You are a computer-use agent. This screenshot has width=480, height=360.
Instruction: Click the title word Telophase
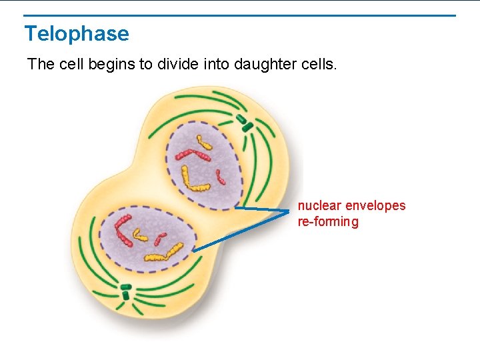click(x=77, y=33)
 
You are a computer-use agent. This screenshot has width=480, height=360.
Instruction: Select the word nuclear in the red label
click(x=319, y=205)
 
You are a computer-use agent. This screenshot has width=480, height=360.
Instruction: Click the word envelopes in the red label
click(x=375, y=205)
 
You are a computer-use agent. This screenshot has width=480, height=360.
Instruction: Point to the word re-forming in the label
click(x=328, y=221)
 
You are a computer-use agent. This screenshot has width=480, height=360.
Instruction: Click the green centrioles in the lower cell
click(x=125, y=291)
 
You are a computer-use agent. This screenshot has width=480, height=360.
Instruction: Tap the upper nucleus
click(x=203, y=164)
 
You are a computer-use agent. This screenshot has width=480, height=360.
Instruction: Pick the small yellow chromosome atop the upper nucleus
click(x=200, y=141)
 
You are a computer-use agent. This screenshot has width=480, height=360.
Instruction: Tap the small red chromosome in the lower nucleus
click(x=159, y=239)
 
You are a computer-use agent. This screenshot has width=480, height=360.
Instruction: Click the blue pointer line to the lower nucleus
click(x=240, y=231)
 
